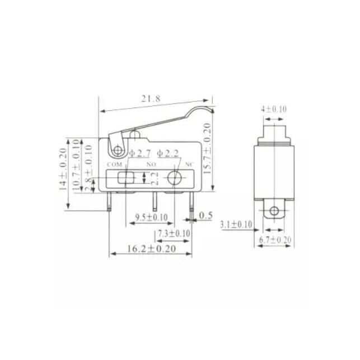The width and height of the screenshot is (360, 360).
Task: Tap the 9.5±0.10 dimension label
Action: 151,217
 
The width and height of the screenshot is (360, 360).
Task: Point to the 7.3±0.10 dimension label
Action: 174,233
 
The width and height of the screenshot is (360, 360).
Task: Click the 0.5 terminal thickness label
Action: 206,215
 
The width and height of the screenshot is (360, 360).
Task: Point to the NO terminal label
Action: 151,165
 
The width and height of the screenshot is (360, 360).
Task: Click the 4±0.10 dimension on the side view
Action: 274,110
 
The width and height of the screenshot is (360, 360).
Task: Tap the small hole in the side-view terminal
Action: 274,211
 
